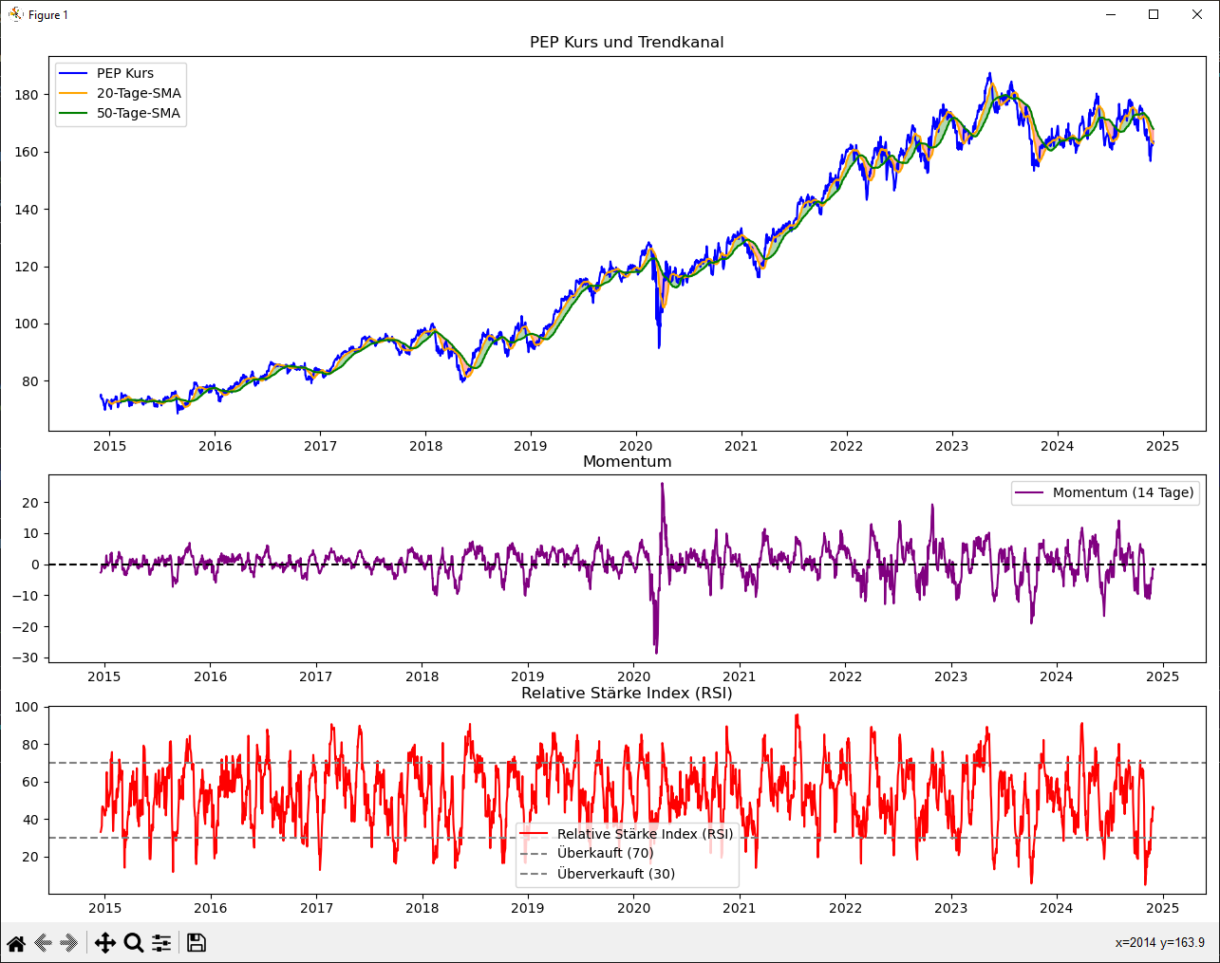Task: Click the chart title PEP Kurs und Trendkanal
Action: point(627,43)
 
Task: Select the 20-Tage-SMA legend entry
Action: point(139,93)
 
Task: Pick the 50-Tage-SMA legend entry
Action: point(139,113)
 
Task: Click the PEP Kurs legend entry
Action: point(125,73)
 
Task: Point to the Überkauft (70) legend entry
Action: point(605,853)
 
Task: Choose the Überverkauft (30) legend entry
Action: point(615,873)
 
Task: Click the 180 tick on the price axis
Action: point(27,95)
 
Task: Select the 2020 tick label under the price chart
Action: point(635,446)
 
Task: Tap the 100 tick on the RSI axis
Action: point(27,707)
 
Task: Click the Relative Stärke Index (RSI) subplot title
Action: point(627,693)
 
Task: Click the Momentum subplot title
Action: point(627,462)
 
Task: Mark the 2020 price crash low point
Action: point(659,346)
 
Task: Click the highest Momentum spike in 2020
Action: point(662,484)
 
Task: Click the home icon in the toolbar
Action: point(16,943)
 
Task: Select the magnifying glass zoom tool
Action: point(134,943)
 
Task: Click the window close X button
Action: point(1197,14)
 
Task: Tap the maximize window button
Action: point(1154,14)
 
